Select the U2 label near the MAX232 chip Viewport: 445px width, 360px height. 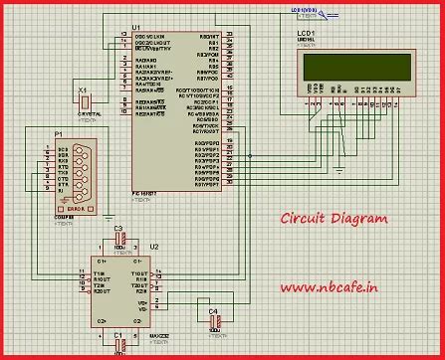(154, 246)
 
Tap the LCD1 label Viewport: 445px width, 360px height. (307, 34)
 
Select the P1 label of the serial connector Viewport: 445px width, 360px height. (58, 133)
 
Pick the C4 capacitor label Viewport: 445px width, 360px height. (213, 311)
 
